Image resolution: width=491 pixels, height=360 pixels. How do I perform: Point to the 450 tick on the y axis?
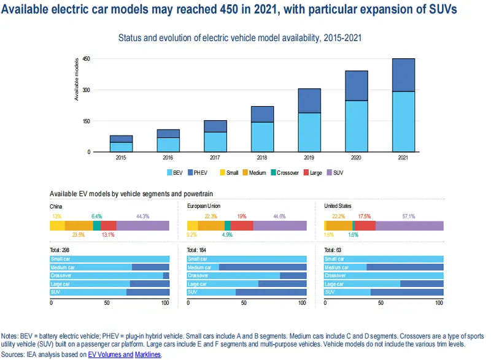coord(87,59)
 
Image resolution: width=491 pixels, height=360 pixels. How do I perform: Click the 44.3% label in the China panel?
coord(142,216)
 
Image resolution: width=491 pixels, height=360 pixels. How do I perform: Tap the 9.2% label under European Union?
coord(192,235)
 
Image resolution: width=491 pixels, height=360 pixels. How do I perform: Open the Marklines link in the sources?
coord(147,354)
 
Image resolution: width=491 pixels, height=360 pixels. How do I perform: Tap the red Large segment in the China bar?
coord(108,226)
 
